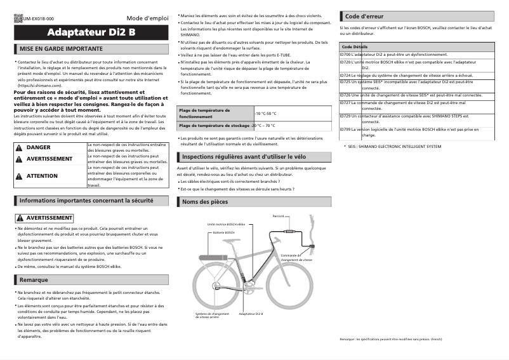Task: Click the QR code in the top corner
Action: click(18, 20)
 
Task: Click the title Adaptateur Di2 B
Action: click(91, 32)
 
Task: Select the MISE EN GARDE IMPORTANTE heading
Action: click(61, 48)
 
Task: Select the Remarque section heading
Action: click(34, 279)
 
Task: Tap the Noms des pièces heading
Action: click(204, 201)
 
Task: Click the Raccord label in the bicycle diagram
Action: click(278, 217)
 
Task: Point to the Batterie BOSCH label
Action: click(223, 232)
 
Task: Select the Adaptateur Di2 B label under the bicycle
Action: click(251, 314)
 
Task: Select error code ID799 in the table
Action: click(345, 129)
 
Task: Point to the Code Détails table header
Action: click(354, 47)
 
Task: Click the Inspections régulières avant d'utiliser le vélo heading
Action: click(239, 156)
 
